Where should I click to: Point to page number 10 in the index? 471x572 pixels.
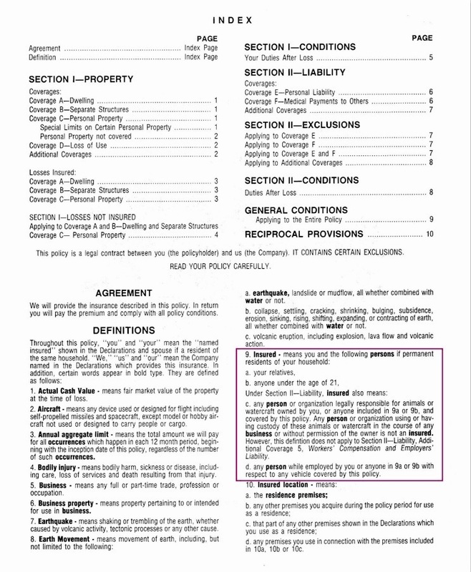coord(429,234)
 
